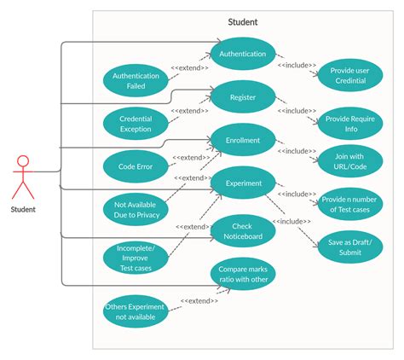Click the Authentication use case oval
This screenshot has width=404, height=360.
pyautogui.click(x=243, y=54)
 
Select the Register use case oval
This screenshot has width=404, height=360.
pyautogui.click(x=243, y=97)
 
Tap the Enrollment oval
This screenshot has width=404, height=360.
pyautogui.click(x=243, y=139)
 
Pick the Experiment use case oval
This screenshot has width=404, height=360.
pyautogui.click(x=243, y=182)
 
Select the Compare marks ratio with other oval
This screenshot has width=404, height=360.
pyautogui.click(x=243, y=275)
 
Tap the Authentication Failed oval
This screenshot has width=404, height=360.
pyautogui.click(x=136, y=80)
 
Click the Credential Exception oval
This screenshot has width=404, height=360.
pyautogui.click(x=136, y=124)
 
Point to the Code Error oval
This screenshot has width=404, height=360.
pyautogui.click(x=136, y=167)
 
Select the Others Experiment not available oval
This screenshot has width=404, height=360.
pyautogui.click(x=135, y=311)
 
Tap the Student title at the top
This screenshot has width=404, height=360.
pyautogui.click(x=243, y=22)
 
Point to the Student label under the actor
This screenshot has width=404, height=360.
pyautogui.click(x=23, y=208)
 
